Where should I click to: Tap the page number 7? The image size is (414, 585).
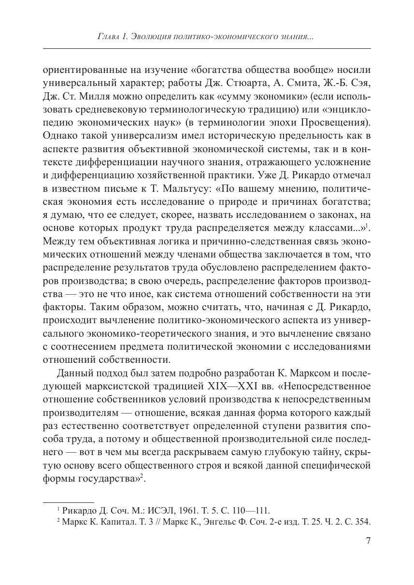point(368,541)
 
